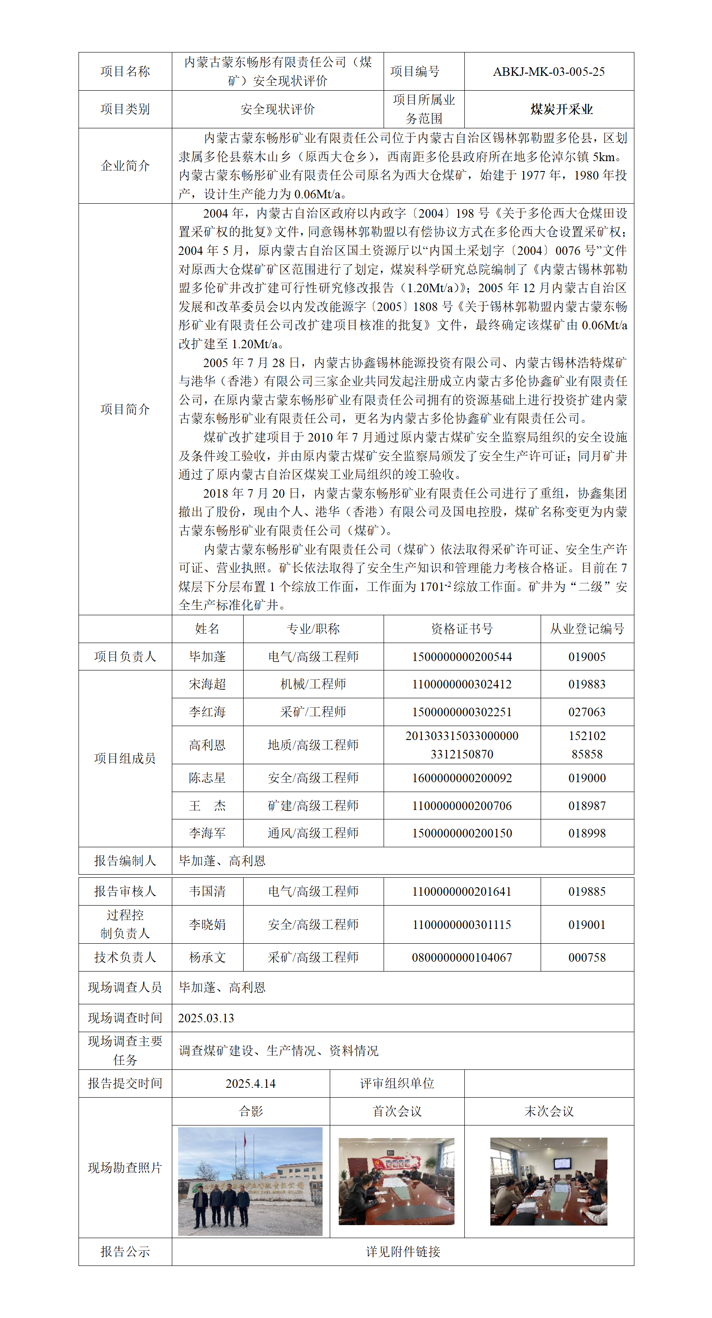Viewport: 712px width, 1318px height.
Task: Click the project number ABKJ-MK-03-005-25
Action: pyautogui.click(x=548, y=72)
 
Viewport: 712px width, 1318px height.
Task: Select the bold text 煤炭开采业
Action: pyautogui.click(x=561, y=109)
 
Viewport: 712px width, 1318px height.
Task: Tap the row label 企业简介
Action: pyautogui.click(x=125, y=166)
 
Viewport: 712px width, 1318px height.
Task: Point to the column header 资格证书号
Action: pyautogui.click(x=461, y=629)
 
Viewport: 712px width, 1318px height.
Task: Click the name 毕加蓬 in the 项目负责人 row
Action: pyautogui.click(x=207, y=657)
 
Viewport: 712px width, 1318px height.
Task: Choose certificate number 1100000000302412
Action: pyautogui.click(x=461, y=684)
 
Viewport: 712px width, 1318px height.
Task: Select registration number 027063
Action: pyautogui.click(x=587, y=712)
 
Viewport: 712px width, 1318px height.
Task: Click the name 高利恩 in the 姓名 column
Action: pyautogui.click(x=207, y=745)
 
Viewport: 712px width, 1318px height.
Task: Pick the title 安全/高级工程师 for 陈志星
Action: pyautogui.click(x=313, y=778)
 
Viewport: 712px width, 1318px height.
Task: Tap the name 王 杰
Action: pyautogui.click(x=207, y=806)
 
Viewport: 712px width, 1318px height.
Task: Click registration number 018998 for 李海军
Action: pyautogui.click(x=587, y=833)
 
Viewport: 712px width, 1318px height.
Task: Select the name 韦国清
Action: pyautogui.click(x=207, y=891)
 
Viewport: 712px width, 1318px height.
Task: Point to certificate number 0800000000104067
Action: pyautogui.click(x=461, y=957)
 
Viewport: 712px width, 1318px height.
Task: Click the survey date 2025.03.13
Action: pyautogui.click(x=206, y=1018)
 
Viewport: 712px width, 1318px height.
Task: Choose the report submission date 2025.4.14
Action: pyautogui.click(x=251, y=1084)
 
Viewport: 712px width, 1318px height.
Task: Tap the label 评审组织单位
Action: pyautogui.click(x=397, y=1084)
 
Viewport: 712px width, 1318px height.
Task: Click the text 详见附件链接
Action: pyautogui.click(x=402, y=1252)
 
